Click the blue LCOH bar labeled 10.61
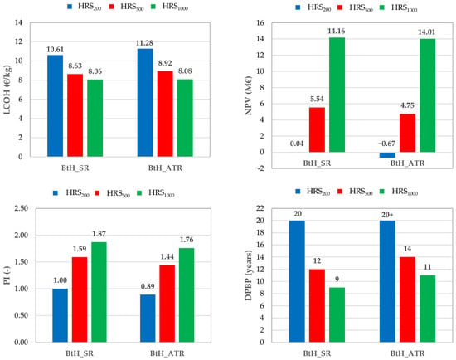click(56, 105)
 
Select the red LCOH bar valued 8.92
click(165, 114)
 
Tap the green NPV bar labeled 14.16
click(337, 95)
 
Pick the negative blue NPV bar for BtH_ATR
click(387, 155)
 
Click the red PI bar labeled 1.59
click(80, 299)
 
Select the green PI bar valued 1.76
click(187, 294)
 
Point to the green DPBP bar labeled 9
click(337, 314)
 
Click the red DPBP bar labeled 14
click(407, 299)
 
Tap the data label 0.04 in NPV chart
click(297, 144)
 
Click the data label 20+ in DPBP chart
click(387, 215)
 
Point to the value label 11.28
click(144, 43)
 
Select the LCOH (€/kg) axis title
click(7, 90)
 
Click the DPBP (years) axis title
click(249, 275)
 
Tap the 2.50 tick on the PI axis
click(22, 208)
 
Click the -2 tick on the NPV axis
click(261, 168)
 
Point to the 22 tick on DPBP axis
click(260, 208)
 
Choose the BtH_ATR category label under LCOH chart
click(165, 168)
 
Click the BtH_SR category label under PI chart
click(80, 353)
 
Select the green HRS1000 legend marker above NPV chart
click(383, 7)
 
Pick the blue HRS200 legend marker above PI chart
click(56, 193)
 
